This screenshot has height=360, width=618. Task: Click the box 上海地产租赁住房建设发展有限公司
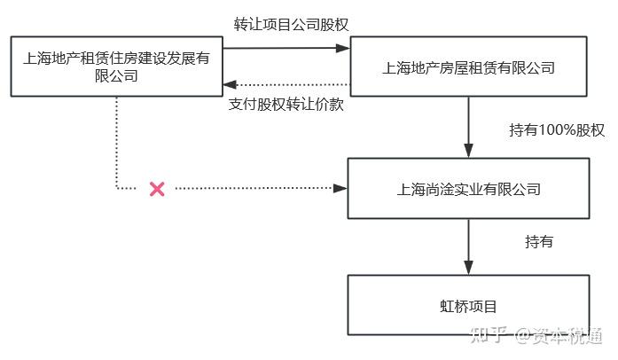[x=115, y=67]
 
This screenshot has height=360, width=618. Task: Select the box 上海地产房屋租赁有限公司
[x=468, y=67]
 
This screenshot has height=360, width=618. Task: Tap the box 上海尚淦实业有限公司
[x=468, y=189]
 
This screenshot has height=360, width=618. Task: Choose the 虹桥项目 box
[x=468, y=306]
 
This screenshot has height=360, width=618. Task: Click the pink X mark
[x=157, y=188]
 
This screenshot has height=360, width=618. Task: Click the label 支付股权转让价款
[x=286, y=104]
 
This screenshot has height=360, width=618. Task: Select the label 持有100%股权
[x=557, y=130]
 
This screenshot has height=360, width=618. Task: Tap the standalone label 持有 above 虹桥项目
[x=539, y=241]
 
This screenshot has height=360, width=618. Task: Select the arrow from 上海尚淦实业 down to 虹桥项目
[x=468, y=247]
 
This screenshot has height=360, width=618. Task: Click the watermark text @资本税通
[x=559, y=334]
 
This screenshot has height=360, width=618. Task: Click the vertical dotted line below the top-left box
[x=116, y=142]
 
